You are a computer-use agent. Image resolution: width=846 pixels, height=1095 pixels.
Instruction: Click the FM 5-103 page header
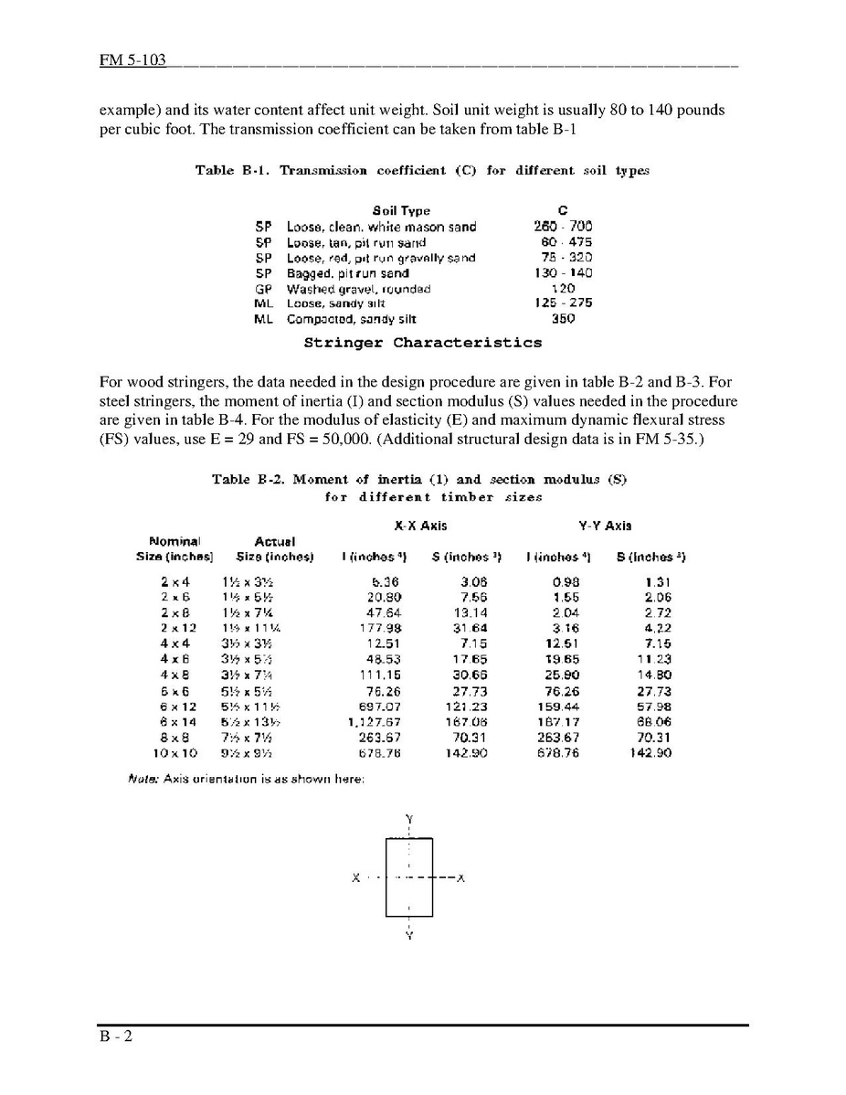[x=133, y=60]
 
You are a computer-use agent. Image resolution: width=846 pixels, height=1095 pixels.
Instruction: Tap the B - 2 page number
[x=117, y=1037]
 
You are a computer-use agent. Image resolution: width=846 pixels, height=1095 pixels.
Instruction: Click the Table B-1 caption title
[x=422, y=170]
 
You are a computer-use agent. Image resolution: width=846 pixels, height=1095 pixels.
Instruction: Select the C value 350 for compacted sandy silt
[x=563, y=319]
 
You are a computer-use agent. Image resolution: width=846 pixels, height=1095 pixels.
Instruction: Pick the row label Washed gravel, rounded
[x=358, y=289]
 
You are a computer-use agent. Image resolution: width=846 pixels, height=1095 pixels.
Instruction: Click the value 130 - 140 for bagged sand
[x=563, y=273]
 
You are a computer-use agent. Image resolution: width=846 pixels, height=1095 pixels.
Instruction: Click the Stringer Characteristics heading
[x=422, y=343]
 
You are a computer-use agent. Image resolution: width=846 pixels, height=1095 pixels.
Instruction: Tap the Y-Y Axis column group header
[x=605, y=526]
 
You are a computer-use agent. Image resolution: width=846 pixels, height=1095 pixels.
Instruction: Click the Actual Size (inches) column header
[x=274, y=549]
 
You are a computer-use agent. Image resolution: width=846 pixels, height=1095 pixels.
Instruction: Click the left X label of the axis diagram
[x=354, y=878]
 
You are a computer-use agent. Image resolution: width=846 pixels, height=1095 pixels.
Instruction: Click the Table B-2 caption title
[x=419, y=479]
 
